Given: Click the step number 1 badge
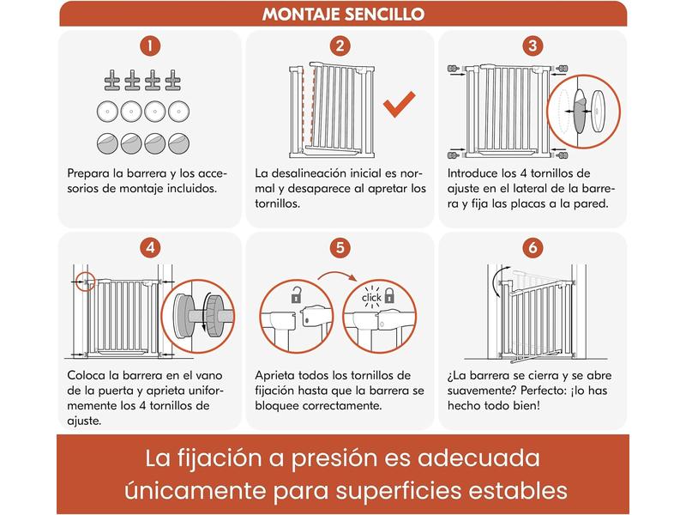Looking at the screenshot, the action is pyautogui.click(x=150, y=46).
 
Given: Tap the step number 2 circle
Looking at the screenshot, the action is pyautogui.click(x=340, y=46).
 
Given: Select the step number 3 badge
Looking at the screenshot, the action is pyautogui.click(x=533, y=46).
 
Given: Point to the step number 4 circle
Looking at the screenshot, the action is pyautogui.click(x=150, y=248).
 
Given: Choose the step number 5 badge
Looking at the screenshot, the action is pyautogui.click(x=340, y=248).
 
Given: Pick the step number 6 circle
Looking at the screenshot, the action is pyautogui.click(x=533, y=248).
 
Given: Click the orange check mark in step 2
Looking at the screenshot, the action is pyautogui.click(x=399, y=104).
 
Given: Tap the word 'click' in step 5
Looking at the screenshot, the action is pyautogui.click(x=371, y=298).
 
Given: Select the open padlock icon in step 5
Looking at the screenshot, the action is pyautogui.click(x=297, y=295).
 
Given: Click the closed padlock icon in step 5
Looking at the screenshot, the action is pyautogui.click(x=389, y=295).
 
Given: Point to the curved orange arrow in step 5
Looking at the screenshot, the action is pyautogui.click(x=337, y=275).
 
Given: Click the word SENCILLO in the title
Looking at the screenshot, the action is pyautogui.click(x=384, y=15).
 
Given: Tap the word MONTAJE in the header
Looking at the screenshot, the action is pyautogui.click(x=301, y=15).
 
